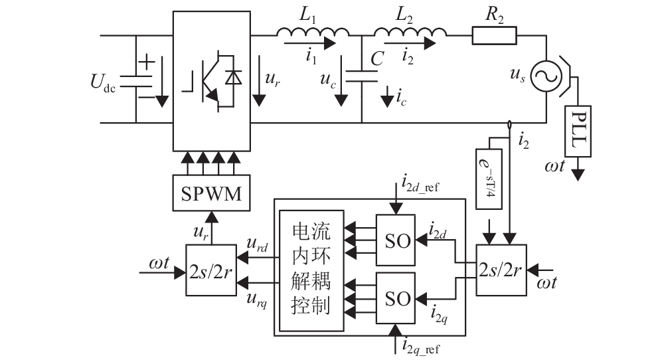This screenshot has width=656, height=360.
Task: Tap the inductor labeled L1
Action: [313, 33]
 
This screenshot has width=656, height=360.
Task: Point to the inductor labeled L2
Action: [410, 33]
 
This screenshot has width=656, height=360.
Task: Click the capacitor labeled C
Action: [362, 74]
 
